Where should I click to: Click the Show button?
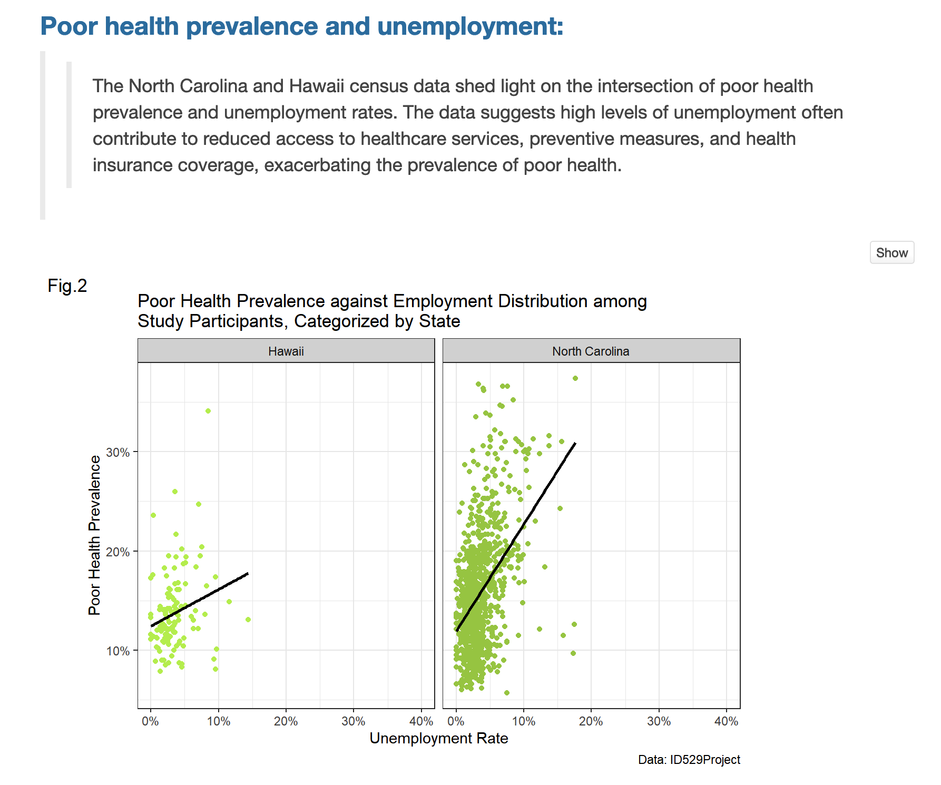point(891,253)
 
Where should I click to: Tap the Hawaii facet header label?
point(286,351)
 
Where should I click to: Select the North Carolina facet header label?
point(591,351)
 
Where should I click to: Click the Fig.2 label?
point(67,286)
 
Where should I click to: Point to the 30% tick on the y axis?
point(118,453)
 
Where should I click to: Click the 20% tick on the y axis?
point(118,552)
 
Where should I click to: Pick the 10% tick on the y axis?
point(118,651)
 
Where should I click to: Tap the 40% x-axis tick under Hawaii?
point(421,721)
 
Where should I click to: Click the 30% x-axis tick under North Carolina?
point(659,721)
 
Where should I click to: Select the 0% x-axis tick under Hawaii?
point(151,721)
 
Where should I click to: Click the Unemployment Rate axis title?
point(438,739)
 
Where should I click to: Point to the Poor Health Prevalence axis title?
point(94,535)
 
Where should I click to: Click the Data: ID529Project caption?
point(689,760)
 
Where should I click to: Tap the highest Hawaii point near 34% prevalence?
point(208,411)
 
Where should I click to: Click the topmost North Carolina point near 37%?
point(575,378)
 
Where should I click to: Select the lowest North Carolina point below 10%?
point(507,693)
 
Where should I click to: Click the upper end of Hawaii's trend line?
point(247,574)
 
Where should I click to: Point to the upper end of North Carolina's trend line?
point(575,444)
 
